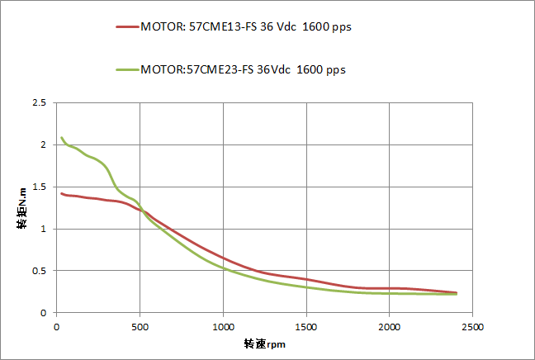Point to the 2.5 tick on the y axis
tap(38, 103)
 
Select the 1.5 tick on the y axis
tap(38, 187)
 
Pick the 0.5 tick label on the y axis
tap(38, 271)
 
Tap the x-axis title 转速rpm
tap(264, 343)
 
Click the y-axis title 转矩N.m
tap(23, 208)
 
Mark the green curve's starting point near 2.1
tap(62, 138)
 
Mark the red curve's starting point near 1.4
tap(61, 193)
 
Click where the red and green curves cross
tap(141, 211)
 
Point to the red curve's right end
tap(456, 292)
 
